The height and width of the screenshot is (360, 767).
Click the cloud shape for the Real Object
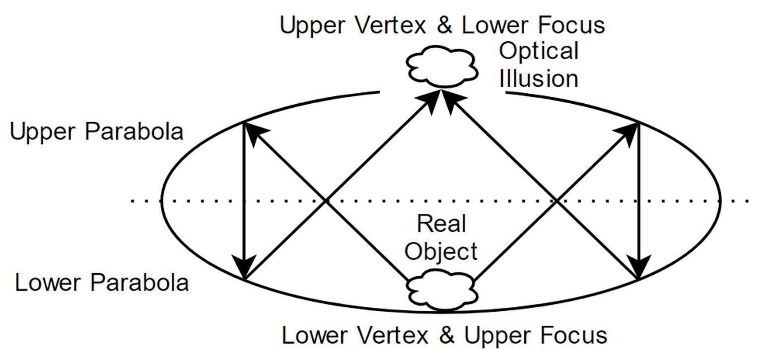click(441, 290)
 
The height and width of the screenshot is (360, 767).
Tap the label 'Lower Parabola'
click(102, 283)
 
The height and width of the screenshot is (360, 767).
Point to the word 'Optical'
click(539, 52)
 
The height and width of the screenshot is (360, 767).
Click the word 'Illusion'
click(539, 79)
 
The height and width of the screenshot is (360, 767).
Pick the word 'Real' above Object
click(441, 223)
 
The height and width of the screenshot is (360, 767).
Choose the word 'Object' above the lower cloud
click(441, 251)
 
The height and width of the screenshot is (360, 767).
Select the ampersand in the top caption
click(444, 25)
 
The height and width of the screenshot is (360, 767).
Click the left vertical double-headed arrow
click(244, 201)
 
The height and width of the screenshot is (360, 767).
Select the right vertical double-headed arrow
click(638, 201)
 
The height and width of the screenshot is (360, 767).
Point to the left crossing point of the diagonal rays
click(326, 201)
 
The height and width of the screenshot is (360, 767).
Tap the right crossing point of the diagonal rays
click(557, 201)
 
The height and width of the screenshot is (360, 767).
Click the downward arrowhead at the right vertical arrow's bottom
click(639, 269)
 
